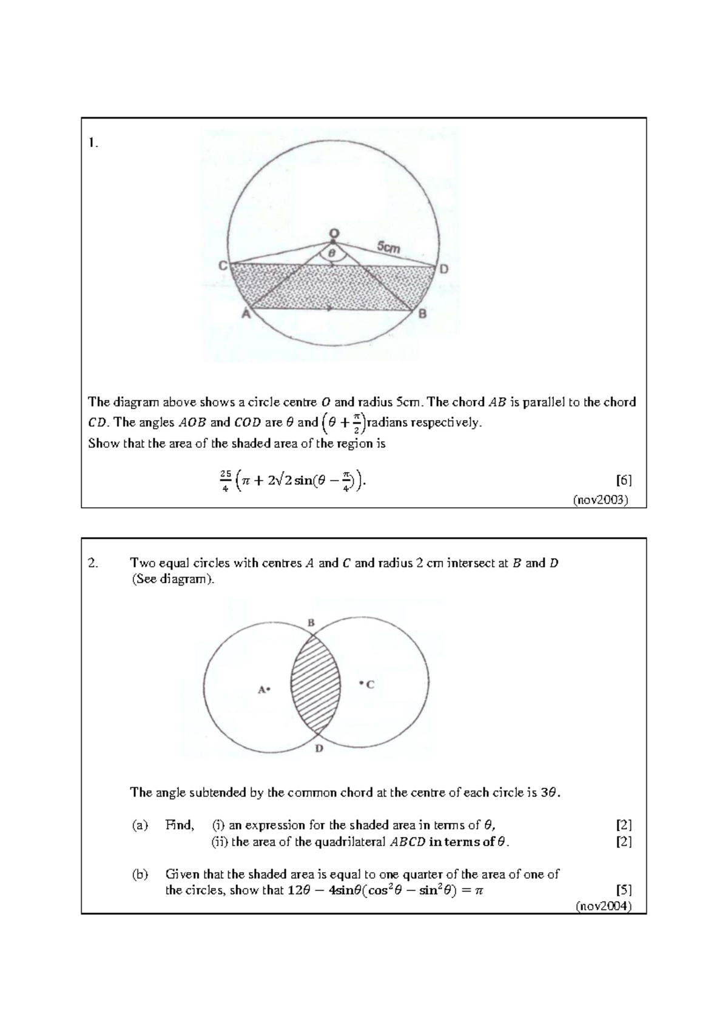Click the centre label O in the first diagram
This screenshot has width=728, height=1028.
(x=334, y=233)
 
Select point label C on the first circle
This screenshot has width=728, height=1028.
(x=223, y=265)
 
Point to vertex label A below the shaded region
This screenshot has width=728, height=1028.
(x=246, y=313)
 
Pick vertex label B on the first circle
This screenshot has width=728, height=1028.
(x=422, y=313)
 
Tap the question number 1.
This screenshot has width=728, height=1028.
(x=92, y=143)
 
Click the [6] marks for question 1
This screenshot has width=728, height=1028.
(x=624, y=481)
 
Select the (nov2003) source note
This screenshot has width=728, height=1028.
(x=601, y=500)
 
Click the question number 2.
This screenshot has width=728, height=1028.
(x=92, y=563)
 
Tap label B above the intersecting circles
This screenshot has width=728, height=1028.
(x=311, y=622)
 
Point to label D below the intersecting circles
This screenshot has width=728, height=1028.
(x=319, y=749)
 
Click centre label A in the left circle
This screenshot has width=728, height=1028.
(x=262, y=689)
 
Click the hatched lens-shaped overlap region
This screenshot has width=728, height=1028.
(x=315, y=685)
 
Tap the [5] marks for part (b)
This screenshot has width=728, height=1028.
(x=624, y=890)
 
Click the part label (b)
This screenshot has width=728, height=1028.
(x=140, y=874)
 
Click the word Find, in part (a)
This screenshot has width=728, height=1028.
(x=180, y=825)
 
